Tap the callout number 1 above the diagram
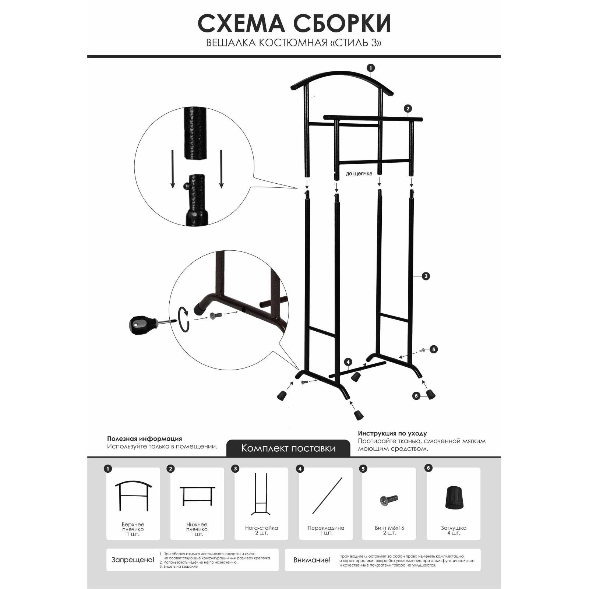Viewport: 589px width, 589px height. click(x=371, y=68)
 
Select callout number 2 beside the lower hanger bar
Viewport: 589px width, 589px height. click(x=408, y=109)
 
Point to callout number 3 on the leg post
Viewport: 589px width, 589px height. click(x=426, y=276)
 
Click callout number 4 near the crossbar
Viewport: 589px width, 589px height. click(x=348, y=362)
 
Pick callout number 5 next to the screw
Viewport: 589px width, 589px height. click(x=434, y=349)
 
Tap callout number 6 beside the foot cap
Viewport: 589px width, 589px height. click(x=416, y=396)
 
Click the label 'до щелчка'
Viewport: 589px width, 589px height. click(x=359, y=174)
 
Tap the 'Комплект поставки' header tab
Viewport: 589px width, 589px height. click(x=288, y=448)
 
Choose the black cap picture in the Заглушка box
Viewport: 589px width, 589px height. click(x=453, y=498)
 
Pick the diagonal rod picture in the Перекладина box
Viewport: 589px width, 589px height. click(x=327, y=495)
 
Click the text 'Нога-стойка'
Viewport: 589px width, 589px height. click(x=261, y=528)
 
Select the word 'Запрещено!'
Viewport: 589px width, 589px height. click(x=133, y=560)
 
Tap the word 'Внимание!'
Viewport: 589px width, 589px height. click(x=312, y=560)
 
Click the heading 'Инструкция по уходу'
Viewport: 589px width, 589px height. click(x=392, y=434)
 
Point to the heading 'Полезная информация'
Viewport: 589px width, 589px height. click(x=144, y=439)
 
